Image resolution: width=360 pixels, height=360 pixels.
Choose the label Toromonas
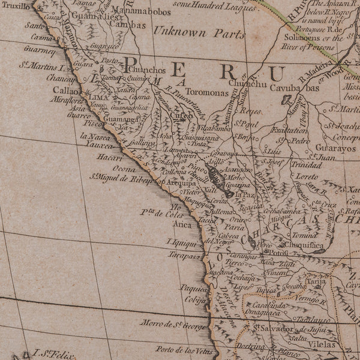[x=205, y=94]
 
